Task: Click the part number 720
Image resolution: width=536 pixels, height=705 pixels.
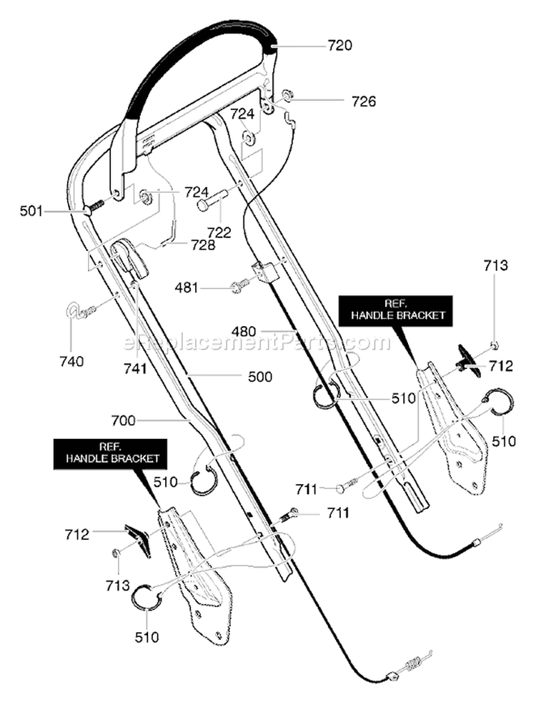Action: (339, 46)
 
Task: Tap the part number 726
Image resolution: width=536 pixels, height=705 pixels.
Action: (364, 101)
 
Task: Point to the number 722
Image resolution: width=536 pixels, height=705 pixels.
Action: (219, 232)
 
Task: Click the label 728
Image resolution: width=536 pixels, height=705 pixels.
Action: (203, 245)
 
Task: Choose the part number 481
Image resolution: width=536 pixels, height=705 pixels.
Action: (187, 287)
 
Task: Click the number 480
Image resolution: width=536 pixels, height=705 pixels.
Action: (244, 332)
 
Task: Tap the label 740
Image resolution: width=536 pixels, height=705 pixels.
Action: (71, 361)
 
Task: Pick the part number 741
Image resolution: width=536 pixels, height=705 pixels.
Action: (135, 368)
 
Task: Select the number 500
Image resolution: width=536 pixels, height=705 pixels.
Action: (260, 376)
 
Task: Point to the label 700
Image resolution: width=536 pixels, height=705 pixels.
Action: (123, 420)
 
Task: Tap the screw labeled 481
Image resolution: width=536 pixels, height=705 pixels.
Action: (239, 285)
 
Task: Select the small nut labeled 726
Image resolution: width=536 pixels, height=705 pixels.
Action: (286, 95)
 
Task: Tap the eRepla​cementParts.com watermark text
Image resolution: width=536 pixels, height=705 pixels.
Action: (256, 342)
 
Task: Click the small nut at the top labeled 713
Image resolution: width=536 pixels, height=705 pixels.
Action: (494, 345)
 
